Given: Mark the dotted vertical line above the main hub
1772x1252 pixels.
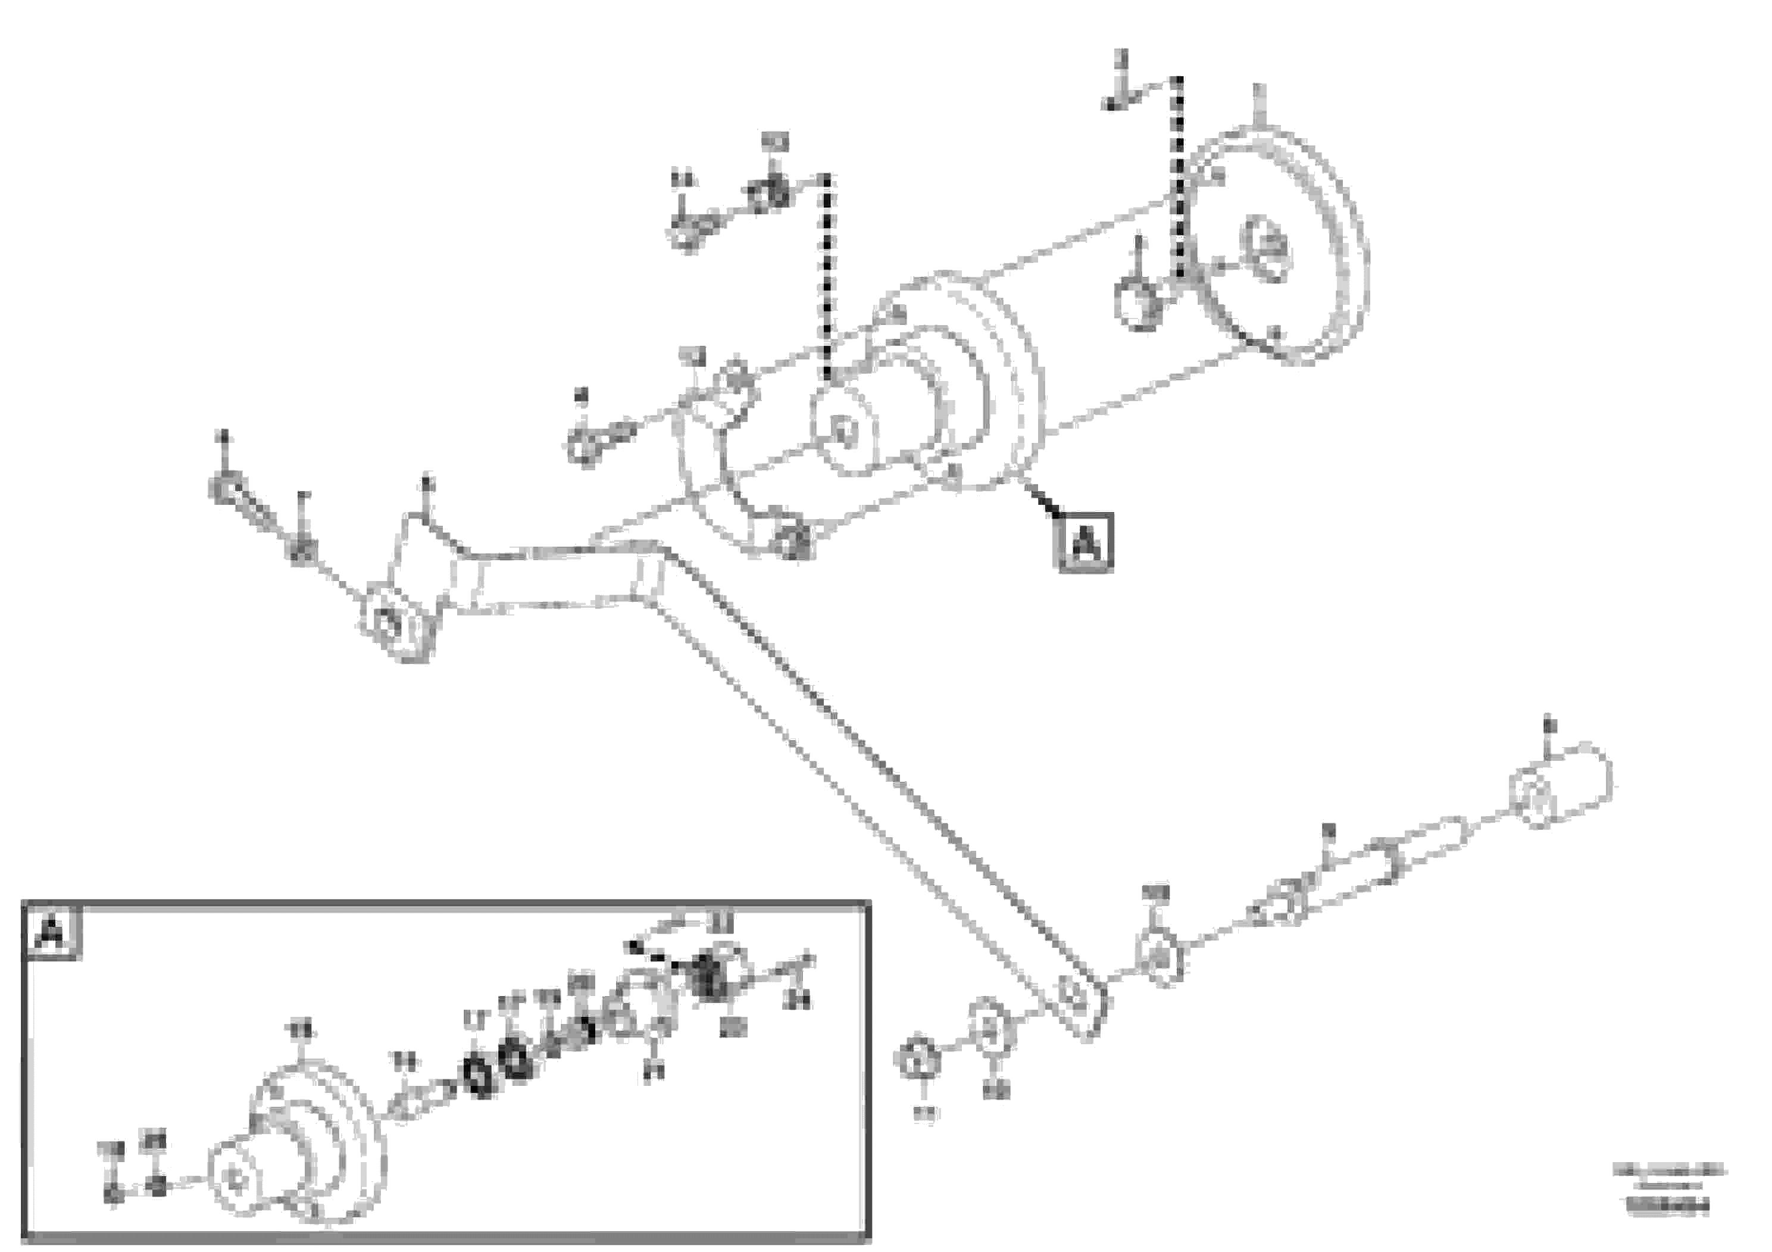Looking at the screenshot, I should point(827,278).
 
